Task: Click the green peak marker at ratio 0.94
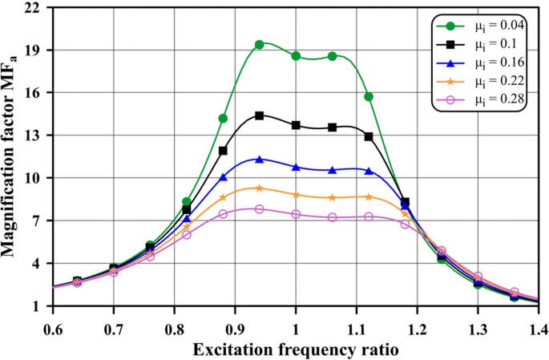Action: (x=260, y=45)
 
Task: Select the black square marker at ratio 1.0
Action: (x=296, y=125)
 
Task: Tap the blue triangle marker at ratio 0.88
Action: (x=223, y=177)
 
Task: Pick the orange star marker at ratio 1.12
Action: (x=369, y=196)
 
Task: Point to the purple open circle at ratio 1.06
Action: (x=332, y=217)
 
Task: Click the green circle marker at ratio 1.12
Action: (x=369, y=96)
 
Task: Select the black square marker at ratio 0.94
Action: (x=260, y=115)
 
